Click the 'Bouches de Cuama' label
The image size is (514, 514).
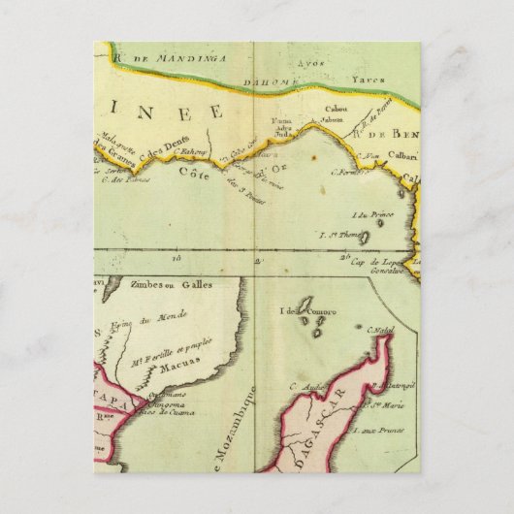coord(166,413)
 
